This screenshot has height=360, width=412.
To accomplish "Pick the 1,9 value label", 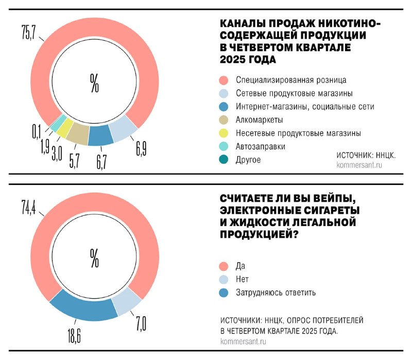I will click(45, 146).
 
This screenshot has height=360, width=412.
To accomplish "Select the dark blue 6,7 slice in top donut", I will click(100, 135).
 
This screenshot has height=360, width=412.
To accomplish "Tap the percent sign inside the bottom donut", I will click(94, 258).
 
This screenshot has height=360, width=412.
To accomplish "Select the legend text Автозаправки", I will click(260, 146).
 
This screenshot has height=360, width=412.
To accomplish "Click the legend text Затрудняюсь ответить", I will click(276, 293).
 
